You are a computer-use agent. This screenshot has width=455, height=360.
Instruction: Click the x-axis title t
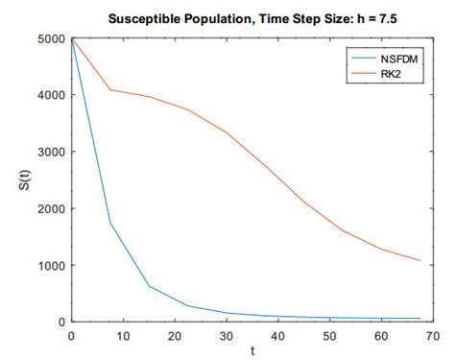click(252, 351)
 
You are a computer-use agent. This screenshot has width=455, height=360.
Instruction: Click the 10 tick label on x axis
click(122, 336)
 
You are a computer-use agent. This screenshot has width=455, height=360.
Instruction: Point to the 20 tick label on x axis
click(174, 336)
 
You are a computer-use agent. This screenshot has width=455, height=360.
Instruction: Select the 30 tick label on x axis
click(226, 336)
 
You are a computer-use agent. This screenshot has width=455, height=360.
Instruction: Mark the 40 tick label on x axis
click(278, 336)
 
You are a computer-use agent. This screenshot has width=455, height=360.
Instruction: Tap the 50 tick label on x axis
click(330, 336)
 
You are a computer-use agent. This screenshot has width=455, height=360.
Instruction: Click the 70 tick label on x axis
click(434, 336)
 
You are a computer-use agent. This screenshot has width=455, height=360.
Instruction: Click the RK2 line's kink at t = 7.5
click(109, 90)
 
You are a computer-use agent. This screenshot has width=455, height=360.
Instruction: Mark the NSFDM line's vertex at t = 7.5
click(109, 223)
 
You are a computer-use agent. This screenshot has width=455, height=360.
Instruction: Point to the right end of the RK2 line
click(420, 260)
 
